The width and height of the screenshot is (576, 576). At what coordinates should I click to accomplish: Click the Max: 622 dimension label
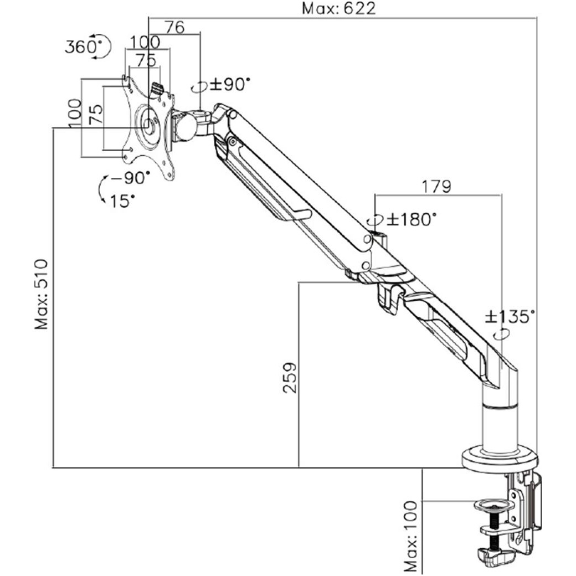tap(339, 8)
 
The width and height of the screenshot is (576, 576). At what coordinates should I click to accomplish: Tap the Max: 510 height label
tap(41, 294)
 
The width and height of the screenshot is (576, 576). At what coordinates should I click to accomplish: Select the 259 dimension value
tap(290, 378)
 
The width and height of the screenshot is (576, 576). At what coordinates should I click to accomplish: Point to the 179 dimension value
tap(436, 187)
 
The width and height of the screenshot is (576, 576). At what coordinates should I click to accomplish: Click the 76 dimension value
tap(174, 27)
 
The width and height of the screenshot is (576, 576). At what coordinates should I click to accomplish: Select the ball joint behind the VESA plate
tap(187, 127)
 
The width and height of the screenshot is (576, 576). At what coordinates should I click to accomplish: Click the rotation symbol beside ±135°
tap(501, 335)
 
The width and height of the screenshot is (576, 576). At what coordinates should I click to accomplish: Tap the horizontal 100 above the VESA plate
tap(145, 42)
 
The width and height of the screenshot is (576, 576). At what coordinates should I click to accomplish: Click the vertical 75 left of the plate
tap(96, 114)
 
